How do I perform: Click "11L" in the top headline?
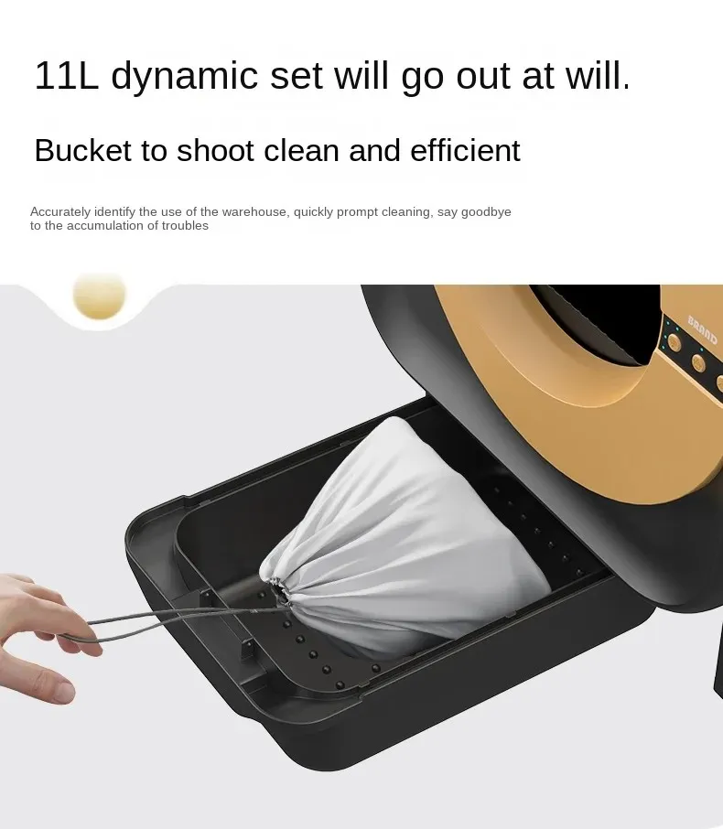click(x=66, y=76)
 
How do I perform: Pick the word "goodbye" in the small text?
click(x=486, y=212)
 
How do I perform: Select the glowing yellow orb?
click(x=99, y=296)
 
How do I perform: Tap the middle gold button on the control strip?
click(x=698, y=362)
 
